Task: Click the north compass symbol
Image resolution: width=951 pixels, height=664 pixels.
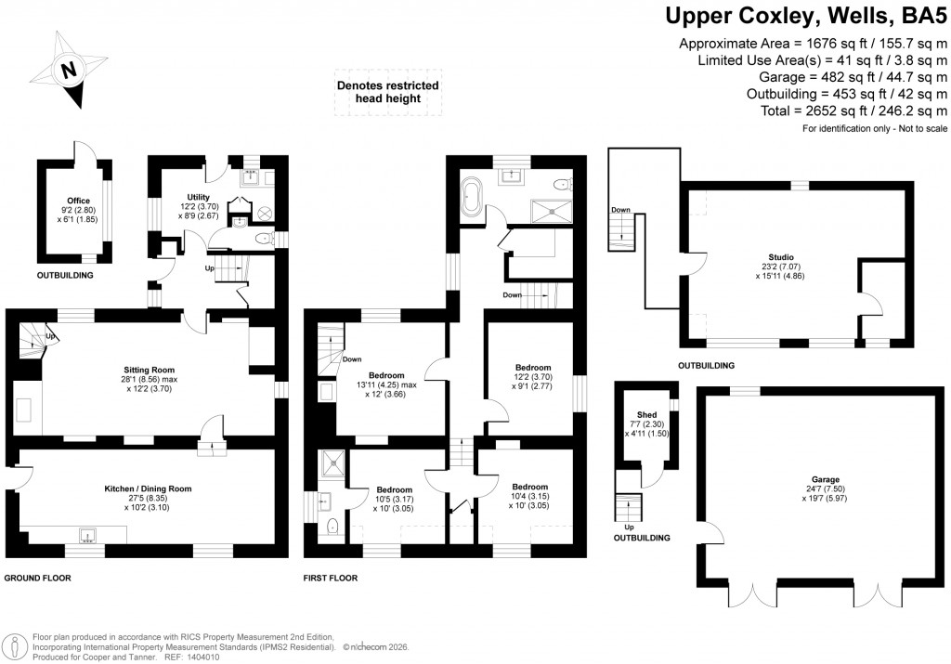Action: (67, 71)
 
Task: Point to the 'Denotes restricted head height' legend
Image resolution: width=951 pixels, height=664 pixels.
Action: (387, 93)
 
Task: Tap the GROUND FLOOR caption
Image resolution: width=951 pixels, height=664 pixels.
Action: (38, 578)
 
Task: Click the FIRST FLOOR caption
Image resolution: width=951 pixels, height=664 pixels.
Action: (332, 578)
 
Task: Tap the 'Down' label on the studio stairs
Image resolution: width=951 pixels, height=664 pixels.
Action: (621, 210)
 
